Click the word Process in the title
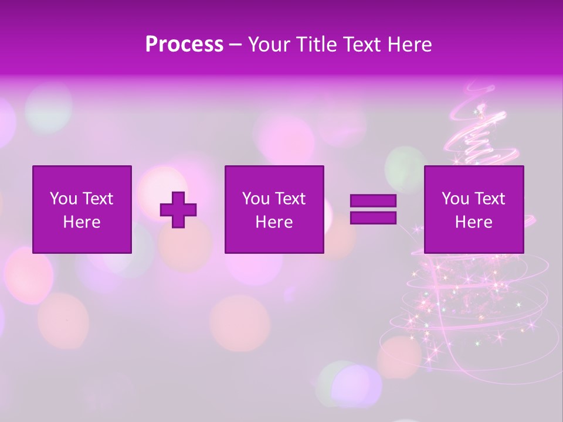184,45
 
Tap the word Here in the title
409,45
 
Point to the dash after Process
236,45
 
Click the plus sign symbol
178,209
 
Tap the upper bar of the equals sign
373,200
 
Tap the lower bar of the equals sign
373,218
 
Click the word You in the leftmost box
63,199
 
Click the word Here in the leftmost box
82,222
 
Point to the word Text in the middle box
290,199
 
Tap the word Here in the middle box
274,222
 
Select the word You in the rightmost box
455,199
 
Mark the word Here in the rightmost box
473,222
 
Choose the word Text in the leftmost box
97,199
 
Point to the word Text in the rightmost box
489,199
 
